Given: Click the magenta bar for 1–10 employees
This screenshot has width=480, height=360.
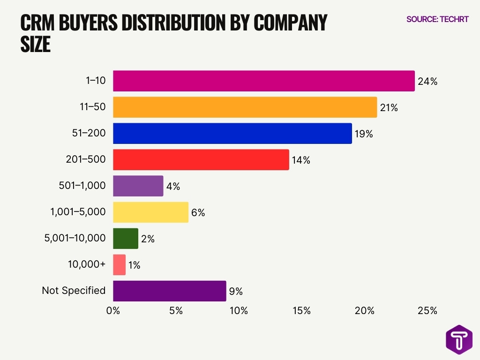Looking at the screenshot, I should (264, 81).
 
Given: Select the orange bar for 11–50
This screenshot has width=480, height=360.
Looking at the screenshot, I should (245, 107).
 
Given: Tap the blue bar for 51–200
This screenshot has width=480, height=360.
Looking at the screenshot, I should (232, 134).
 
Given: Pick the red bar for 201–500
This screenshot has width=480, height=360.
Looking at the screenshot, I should (201, 160).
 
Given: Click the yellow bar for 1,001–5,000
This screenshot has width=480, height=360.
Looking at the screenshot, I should (151, 212).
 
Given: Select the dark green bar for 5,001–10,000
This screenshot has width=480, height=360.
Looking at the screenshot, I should (126, 239).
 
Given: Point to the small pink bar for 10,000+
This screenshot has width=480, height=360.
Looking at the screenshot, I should (120, 265).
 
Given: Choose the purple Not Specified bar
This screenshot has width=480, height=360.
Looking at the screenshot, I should (170, 291).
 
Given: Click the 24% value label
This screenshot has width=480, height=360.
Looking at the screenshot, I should (427, 82).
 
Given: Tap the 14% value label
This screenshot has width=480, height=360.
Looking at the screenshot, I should (300, 160).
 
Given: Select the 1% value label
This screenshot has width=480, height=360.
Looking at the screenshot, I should (134, 265).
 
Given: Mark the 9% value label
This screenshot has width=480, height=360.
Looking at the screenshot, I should (236, 292).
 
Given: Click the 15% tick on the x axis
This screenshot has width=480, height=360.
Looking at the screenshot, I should (301, 311).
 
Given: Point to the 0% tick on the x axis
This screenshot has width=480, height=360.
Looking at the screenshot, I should (113, 311).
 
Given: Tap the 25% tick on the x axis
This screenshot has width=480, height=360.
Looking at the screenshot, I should (427, 311).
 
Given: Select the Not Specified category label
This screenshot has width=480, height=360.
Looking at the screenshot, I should (74, 291).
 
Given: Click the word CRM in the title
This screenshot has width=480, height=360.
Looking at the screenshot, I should (39, 23).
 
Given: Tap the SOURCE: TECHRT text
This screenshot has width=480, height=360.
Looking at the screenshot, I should (437, 20).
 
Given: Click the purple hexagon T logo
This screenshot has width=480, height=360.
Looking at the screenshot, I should (459, 339).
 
